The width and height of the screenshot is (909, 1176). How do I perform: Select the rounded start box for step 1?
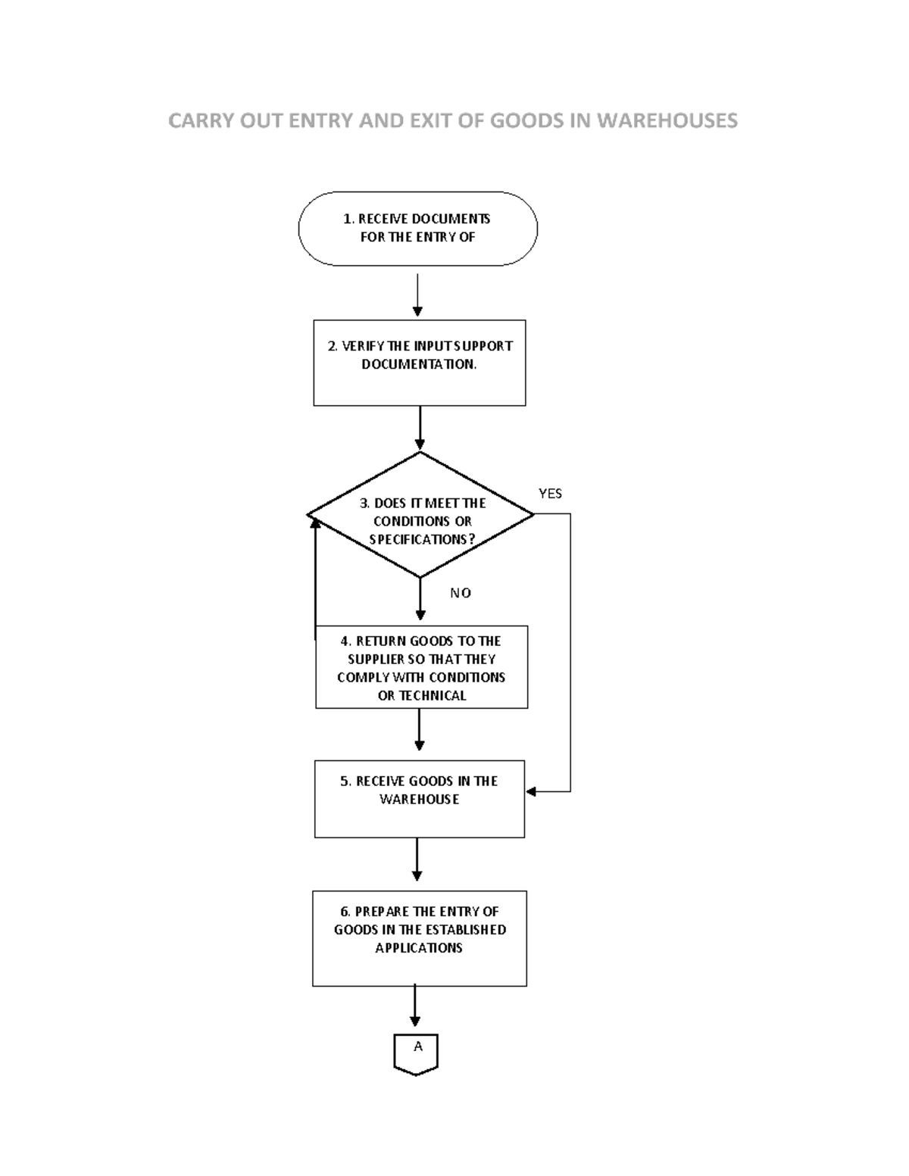click(417, 228)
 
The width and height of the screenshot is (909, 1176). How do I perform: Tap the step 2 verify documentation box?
click(419, 363)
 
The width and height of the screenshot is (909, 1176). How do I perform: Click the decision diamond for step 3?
click(420, 516)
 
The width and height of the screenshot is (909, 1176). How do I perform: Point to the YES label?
click(550, 494)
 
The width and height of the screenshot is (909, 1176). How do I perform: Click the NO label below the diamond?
click(460, 593)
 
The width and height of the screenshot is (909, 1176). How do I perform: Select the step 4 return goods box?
click(421, 667)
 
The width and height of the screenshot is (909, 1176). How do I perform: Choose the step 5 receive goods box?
click(419, 799)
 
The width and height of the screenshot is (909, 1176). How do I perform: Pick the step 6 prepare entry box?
click(419, 938)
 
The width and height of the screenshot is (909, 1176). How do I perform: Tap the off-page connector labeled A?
click(417, 1053)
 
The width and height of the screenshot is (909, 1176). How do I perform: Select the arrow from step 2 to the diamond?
click(420, 428)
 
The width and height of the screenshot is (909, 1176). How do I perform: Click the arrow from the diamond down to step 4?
click(420, 599)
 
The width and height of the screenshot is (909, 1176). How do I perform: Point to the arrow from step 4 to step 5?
click(419, 730)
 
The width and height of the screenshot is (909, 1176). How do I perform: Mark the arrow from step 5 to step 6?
click(417, 859)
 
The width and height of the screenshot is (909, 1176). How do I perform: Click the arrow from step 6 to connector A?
click(414, 1006)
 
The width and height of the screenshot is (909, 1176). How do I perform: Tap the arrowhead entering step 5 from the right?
click(531, 791)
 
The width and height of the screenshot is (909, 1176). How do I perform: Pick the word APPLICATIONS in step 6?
click(419, 948)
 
